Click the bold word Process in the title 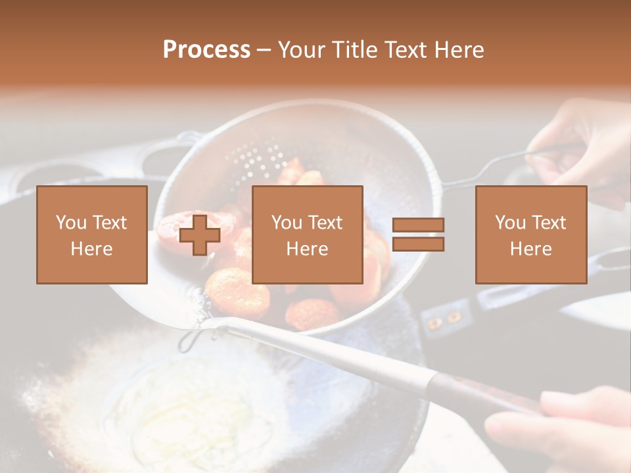(x=206, y=50)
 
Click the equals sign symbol (x=418, y=235)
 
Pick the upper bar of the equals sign (x=418, y=225)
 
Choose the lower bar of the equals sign (x=418, y=244)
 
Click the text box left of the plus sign (x=92, y=235)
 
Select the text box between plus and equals (x=307, y=235)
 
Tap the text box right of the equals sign (x=530, y=235)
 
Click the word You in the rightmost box (x=510, y=223)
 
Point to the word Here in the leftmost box (x=92, y=249)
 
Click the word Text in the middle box (x=326, y=223)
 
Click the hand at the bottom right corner (x=559, y=427)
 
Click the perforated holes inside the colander (x=250, y=158)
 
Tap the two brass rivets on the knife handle (x=444, y=320)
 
